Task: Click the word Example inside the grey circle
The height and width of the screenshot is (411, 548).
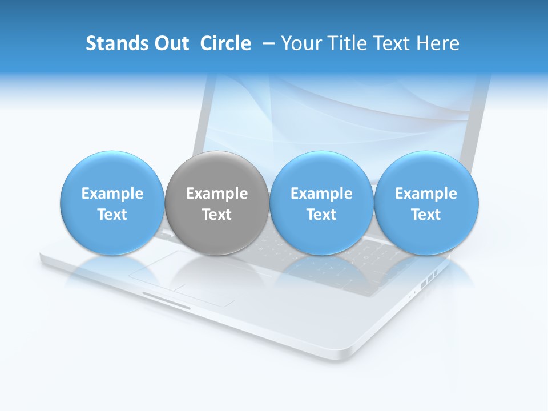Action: point(216,194)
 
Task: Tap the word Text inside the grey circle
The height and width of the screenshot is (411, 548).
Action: point(216,215)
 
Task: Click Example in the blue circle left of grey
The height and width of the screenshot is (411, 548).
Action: point(112,194)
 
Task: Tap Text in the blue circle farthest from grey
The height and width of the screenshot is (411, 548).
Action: point(426,215)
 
